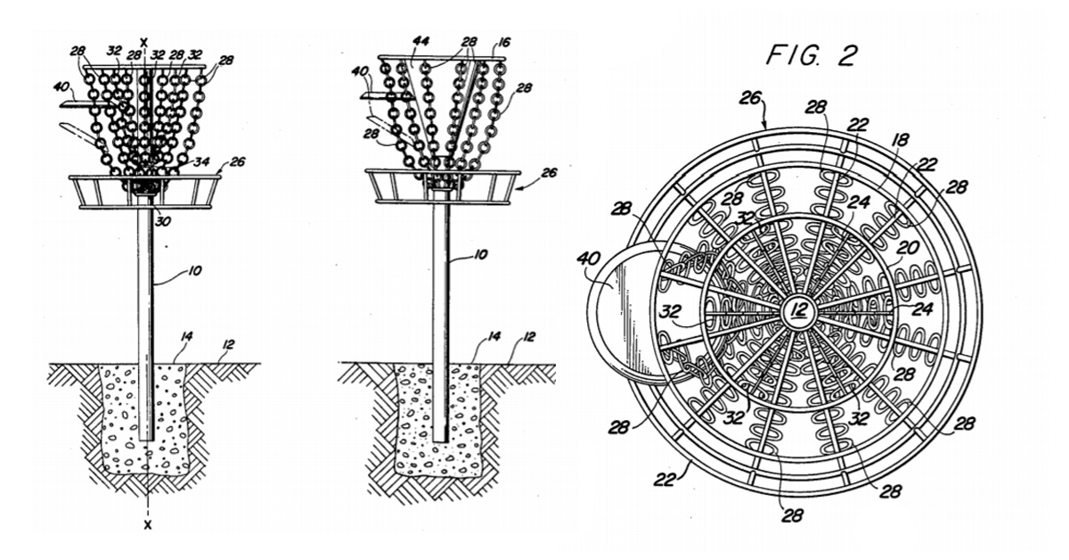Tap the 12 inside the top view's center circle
pyautogui.click(x=797, y=310)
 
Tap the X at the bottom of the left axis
pyautogui.click(x=144, y=523)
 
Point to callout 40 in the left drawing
pyautogui.click(x=61, y=87)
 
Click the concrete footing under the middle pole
pyautogui.click(x=437, y=419)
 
